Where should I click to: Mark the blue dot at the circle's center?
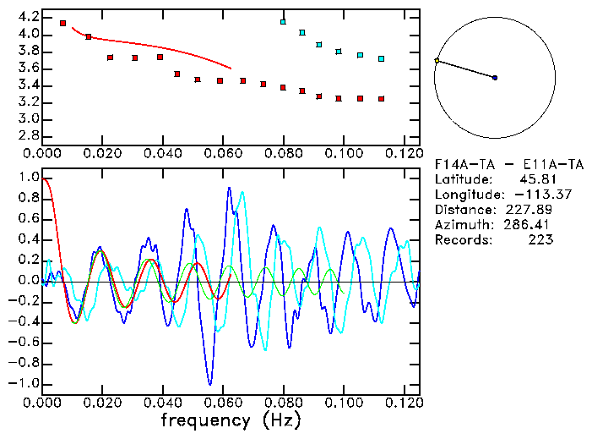pos(495,78)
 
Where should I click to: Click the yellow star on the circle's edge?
pos(437,61)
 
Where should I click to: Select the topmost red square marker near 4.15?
pos(63,23)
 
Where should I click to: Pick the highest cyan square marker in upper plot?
pos(284,22)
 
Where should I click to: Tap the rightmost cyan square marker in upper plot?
pos(382,59)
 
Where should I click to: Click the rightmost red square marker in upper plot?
pos(382,99)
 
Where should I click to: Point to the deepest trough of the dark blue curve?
pos(209,385)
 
